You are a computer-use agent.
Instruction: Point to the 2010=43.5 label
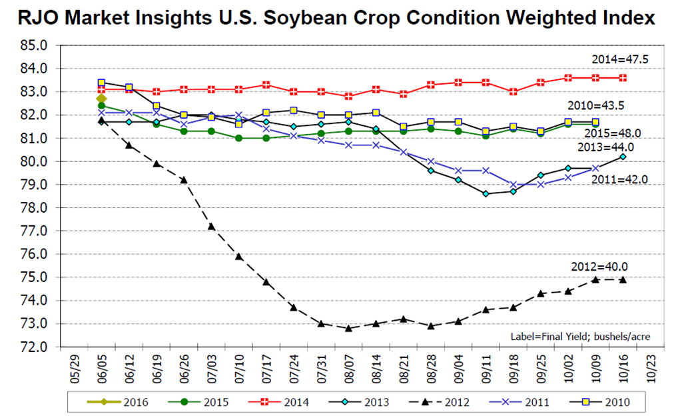(594, 105)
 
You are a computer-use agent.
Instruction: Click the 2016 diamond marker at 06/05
(101, 99)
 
